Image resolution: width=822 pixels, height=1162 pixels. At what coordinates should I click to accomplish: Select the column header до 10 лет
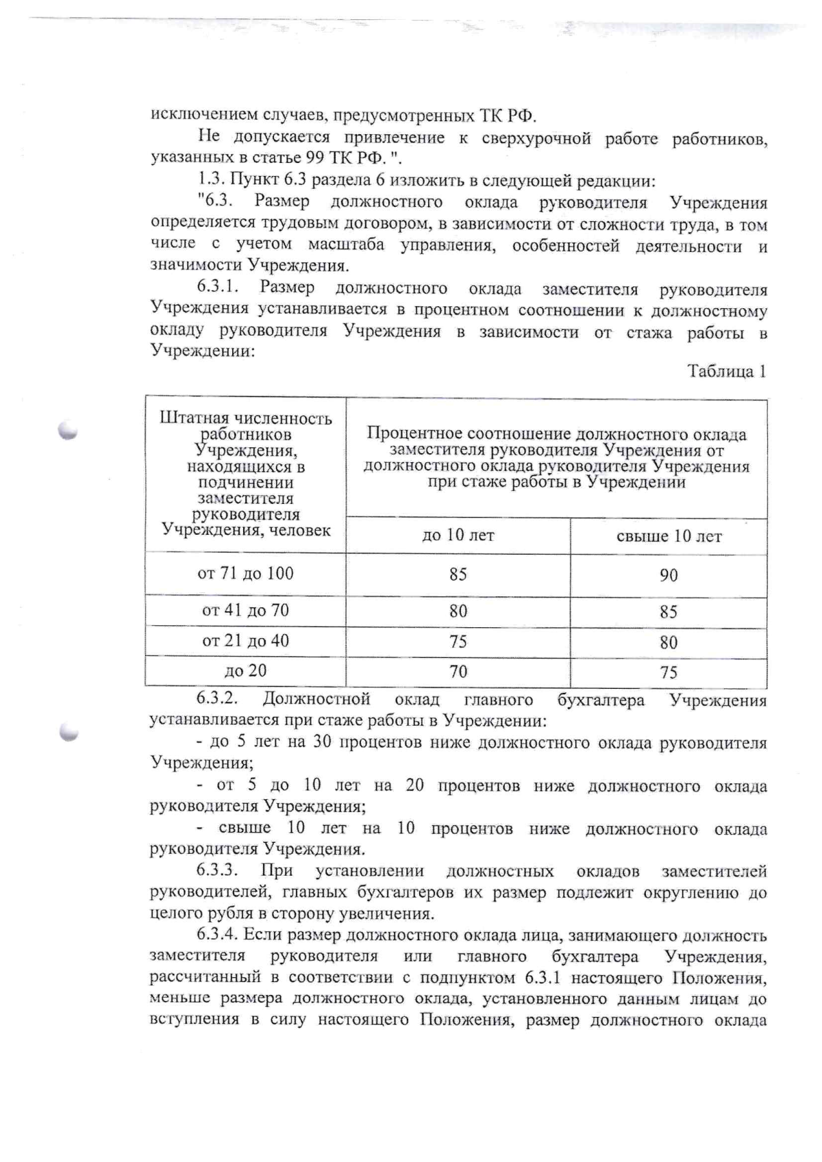458,535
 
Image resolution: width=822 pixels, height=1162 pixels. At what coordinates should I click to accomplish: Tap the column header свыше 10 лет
669,536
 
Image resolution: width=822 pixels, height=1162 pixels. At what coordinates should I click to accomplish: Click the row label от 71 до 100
245,573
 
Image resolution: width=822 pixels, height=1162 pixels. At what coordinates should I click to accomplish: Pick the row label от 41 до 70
245,610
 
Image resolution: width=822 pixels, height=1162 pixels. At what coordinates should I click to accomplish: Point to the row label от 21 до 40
245,641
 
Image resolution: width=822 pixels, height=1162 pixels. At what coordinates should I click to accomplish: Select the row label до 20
245,670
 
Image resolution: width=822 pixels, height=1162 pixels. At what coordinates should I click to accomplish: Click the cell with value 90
669,575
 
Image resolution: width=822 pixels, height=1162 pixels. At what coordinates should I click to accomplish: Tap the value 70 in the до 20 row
458,671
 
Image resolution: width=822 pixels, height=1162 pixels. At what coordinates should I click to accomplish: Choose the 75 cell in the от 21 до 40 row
458,642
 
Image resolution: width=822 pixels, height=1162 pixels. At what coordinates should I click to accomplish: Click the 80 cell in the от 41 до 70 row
458,611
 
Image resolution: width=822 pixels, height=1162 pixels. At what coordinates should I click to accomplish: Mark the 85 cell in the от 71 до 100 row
458,574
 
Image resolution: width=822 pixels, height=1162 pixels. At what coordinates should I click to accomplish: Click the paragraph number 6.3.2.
216,699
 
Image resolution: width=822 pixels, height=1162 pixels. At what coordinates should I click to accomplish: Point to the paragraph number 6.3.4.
216,935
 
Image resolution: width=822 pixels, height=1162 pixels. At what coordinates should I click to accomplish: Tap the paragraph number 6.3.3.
216,871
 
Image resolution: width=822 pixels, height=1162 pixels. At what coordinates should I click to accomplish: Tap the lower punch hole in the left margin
68,732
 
